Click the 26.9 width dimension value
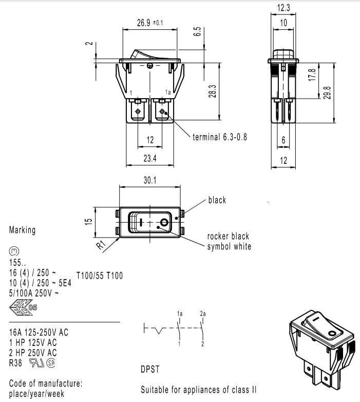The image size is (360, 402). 144,23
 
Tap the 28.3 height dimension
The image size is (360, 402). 212,92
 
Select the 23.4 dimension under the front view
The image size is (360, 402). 150,158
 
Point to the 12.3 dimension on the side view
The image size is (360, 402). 283,8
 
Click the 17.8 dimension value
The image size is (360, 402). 312,75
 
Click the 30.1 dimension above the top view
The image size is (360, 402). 150,180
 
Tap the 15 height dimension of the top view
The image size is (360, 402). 88,221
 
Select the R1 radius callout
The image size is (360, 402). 101,245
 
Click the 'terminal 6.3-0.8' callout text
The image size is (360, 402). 220,137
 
